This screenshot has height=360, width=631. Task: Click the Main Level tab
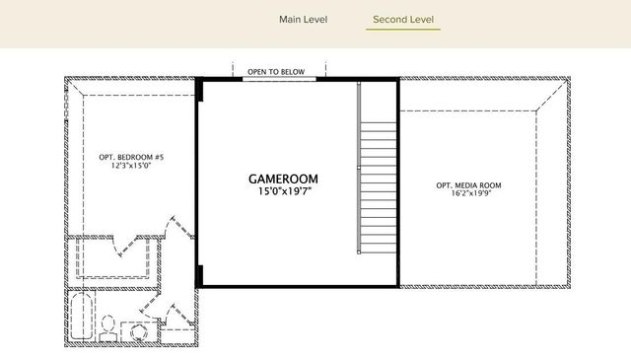pos(303,19)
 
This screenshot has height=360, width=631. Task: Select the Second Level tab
pos(403,19)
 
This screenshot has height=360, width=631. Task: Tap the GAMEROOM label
pos(283,179)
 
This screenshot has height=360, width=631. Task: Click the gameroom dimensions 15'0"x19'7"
pos(283,191)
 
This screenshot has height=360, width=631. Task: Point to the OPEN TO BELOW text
pos(276,72)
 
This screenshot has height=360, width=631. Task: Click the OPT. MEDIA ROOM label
pos(468,185)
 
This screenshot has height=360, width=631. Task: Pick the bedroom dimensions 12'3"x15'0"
pos(131,167)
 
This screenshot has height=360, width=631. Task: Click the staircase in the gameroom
pos(376,187)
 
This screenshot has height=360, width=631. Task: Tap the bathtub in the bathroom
pos(81,318)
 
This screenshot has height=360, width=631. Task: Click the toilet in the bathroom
pos(110,324)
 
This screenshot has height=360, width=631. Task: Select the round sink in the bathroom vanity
pos(137,334)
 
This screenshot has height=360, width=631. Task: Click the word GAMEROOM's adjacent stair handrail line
pos(359,168)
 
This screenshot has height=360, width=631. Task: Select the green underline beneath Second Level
pos(403,30)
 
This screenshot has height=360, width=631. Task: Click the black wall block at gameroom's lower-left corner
pos(200,275)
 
